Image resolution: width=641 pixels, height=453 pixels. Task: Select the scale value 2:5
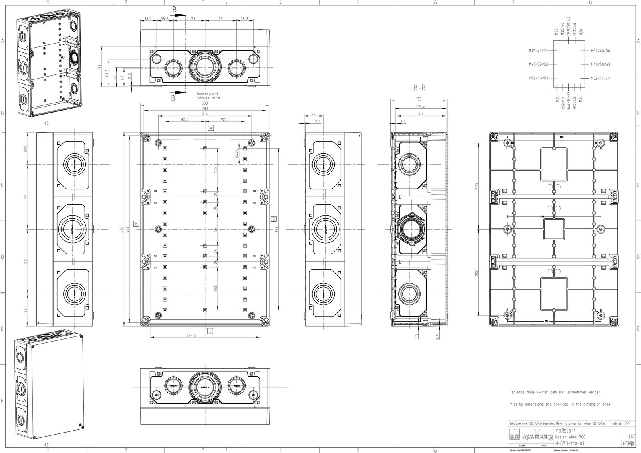tap(627, 423)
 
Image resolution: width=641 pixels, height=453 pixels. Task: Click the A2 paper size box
tap(632, 437)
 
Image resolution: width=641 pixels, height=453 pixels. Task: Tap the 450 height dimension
tap(122, 229)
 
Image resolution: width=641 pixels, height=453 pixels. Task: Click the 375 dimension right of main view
tap(277, 229)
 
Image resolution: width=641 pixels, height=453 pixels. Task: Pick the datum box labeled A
tap(210, 128)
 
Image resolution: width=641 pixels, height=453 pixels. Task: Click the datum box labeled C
tap(210, 331)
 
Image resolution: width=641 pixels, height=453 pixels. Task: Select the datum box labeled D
tap(274, 219)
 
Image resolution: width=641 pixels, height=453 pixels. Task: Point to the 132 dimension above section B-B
tap(419, 99)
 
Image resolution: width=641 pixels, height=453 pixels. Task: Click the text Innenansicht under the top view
tap(208, 94)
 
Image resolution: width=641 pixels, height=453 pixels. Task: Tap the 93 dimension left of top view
tap(100, 66)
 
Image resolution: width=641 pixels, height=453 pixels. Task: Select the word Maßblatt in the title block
tap(566, 430)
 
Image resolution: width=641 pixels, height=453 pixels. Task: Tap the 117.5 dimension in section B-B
tap(420, 107)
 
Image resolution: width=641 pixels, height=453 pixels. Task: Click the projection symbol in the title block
tap(629, 443)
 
